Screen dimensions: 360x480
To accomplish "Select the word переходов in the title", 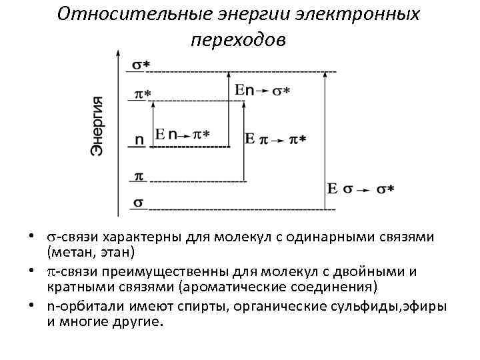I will coord(238,39).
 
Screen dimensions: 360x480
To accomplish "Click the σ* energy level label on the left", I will coord(141,65).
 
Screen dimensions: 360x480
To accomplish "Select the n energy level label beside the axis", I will coord(139,141).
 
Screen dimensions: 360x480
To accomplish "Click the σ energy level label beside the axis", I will coord(139,202).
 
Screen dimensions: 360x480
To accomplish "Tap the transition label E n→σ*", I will coord(262,90).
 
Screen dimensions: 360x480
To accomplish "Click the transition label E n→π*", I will coord(182,135).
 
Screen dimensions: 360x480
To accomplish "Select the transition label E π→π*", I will coord(275,139).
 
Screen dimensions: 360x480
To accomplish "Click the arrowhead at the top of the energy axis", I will coord(119,53).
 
